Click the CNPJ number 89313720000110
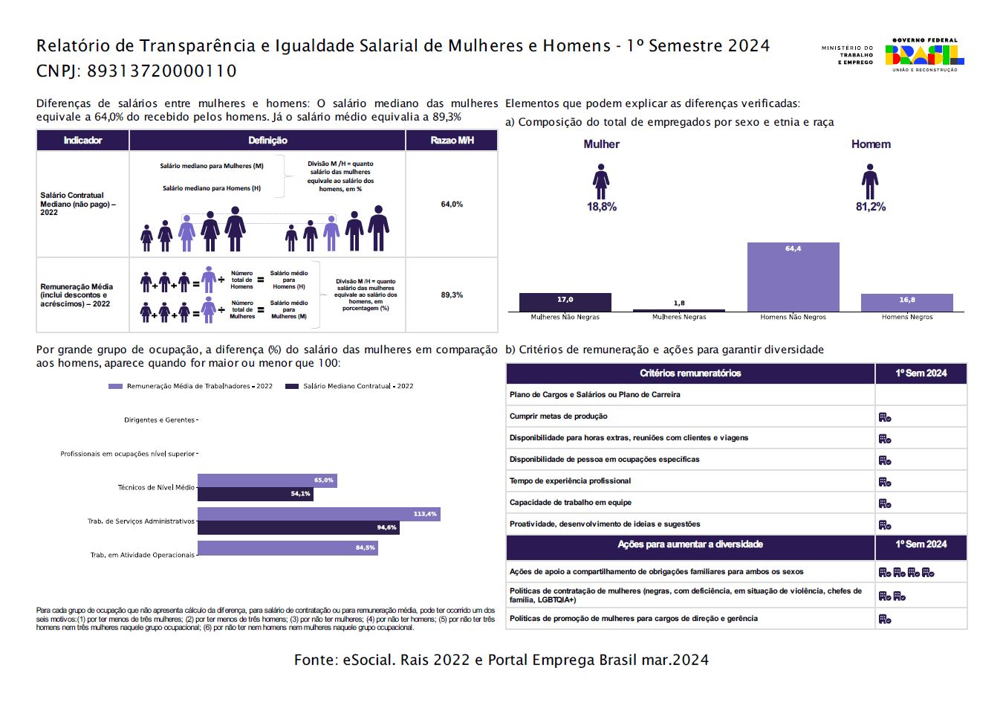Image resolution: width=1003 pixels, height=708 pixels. point(162,71)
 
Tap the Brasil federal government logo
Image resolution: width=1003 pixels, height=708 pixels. point(924,55)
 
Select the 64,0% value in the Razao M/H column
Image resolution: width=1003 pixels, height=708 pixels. point(452,205)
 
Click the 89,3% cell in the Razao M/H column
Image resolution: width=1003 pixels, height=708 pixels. point(452,295)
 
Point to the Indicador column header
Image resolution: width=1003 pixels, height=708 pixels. point(82,141)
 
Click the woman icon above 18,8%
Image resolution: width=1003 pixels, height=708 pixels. point(601,181)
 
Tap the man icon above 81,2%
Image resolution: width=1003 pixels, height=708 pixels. point(870,181)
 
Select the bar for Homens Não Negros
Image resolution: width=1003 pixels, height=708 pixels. point(793,277)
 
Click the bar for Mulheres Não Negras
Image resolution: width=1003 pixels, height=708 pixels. point(565,302)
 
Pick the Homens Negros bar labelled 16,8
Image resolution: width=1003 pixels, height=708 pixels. point(906,302)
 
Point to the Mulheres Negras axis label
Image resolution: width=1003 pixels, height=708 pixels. point(679,317)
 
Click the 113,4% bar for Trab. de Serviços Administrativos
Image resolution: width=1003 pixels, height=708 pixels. point(319,514)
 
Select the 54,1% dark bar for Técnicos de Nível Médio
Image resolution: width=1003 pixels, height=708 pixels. point(255,494)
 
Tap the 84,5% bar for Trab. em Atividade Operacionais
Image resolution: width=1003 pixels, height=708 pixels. point(288,548)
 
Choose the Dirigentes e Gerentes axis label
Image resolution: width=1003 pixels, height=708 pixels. point(159,420)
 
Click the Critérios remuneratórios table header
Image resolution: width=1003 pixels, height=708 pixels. point(690,373)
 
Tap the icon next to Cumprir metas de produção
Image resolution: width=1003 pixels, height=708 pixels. point(885,417)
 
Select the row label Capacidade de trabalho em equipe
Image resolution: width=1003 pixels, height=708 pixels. point(571,503)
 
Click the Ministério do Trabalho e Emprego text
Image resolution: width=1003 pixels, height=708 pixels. point(847,55)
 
